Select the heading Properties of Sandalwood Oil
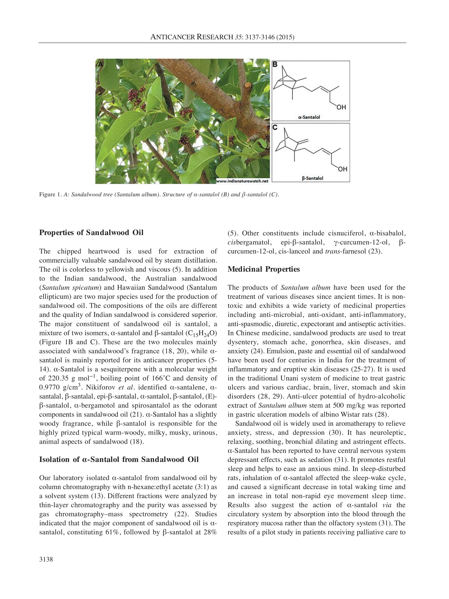click(x=91, y=233)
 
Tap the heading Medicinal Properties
click(x=264, y=269)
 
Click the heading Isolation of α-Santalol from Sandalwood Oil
click(x=119, y=460)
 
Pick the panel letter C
click(x=275, y=127)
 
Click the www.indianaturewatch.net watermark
click(x=242, y=181)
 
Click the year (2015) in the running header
click(x=285, y=37)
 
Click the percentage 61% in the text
click(x=111, y=532)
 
